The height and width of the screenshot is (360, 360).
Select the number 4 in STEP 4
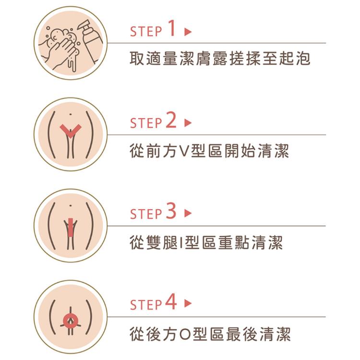[171, 303]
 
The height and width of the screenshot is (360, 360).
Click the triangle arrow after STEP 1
[188, 32]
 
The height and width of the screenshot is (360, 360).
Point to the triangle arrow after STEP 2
[188, 123]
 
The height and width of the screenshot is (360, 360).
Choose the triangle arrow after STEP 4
[188, 305]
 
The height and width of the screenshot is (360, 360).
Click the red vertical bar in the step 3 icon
[71, 227]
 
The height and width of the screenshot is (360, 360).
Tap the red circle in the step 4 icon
[71, 319]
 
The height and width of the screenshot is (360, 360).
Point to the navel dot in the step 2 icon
[71, 114]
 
